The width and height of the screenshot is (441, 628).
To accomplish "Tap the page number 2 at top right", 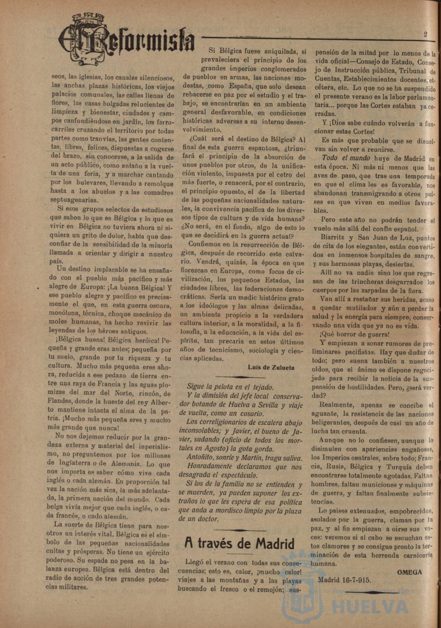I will point(425,34).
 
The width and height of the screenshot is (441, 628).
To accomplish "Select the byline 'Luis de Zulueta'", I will point(271,368).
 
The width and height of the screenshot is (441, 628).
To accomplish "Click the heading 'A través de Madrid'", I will point(240,544).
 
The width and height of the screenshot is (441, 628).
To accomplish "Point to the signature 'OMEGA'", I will point(410,572).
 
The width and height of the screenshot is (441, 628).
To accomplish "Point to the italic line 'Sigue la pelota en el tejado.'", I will point(230,387).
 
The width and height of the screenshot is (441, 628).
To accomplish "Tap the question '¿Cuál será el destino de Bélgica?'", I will point(242,140).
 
